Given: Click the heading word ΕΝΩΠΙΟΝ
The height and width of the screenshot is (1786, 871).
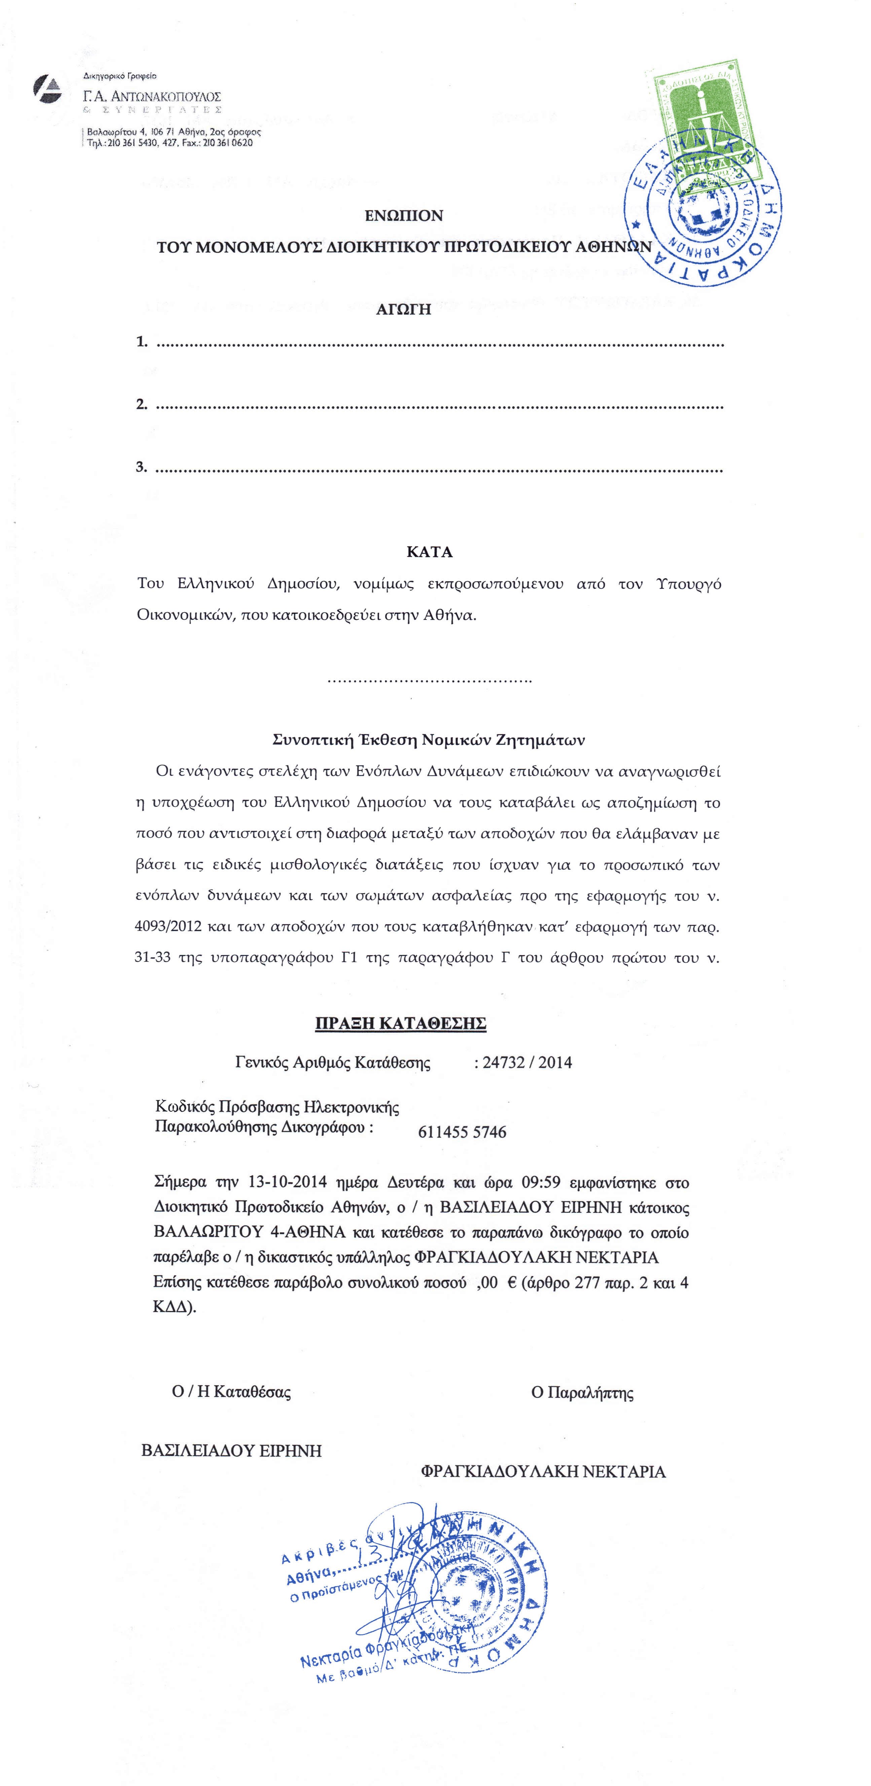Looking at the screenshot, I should point(404,216).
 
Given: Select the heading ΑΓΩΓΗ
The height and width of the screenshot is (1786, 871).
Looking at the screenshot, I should point(404,310).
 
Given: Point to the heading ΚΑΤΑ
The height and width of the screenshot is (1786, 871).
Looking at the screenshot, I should point(429,553).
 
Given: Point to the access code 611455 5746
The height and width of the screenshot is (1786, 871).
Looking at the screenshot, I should point(462,1132).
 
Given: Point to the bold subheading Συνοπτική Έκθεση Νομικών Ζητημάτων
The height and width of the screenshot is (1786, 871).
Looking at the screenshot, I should point(429,740).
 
